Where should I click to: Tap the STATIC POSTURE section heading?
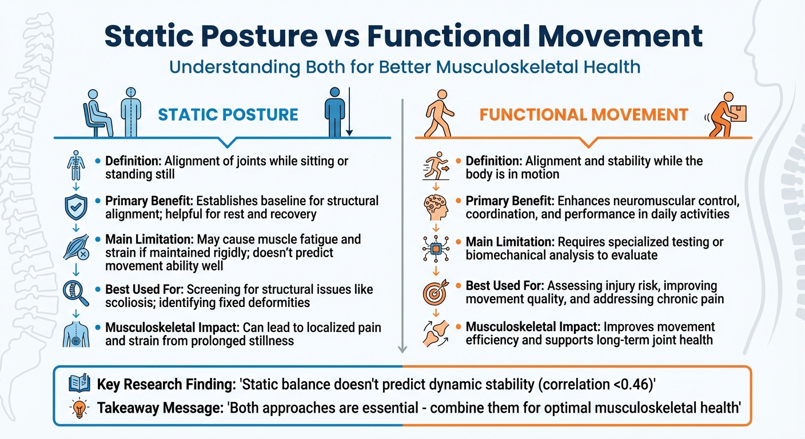pyautogui.click(x=228, y=114)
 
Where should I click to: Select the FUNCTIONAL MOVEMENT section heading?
pyautogui.click(x=583, y=114)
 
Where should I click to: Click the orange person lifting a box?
pyautogui.click(x=727, y=115)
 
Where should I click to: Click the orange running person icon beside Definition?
pyautogui.click(x=436, y=165)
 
